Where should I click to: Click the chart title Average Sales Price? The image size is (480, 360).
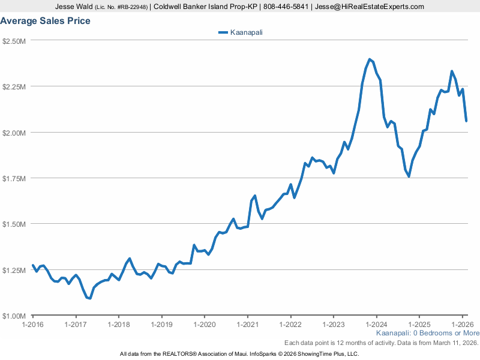(x=46, y=21)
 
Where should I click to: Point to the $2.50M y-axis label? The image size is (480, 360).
(x=14, y=41)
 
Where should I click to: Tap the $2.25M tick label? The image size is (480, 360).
(x=14, y=86)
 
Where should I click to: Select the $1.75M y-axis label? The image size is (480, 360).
(x=14, y=178)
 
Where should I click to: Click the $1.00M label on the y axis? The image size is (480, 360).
(x=14, y=316)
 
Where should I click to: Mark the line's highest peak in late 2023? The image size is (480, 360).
(x=370, y=59)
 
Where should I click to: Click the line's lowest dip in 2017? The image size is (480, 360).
(x=89, y=298)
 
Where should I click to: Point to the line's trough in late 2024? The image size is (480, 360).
(x=409, y=176)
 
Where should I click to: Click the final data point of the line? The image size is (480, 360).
(x=466, y=121)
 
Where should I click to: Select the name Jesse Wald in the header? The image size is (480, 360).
(x=74, y=7)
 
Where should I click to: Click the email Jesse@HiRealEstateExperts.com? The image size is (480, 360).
(x=370, y=7)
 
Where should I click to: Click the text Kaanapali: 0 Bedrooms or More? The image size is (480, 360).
(x=428, y=333)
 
